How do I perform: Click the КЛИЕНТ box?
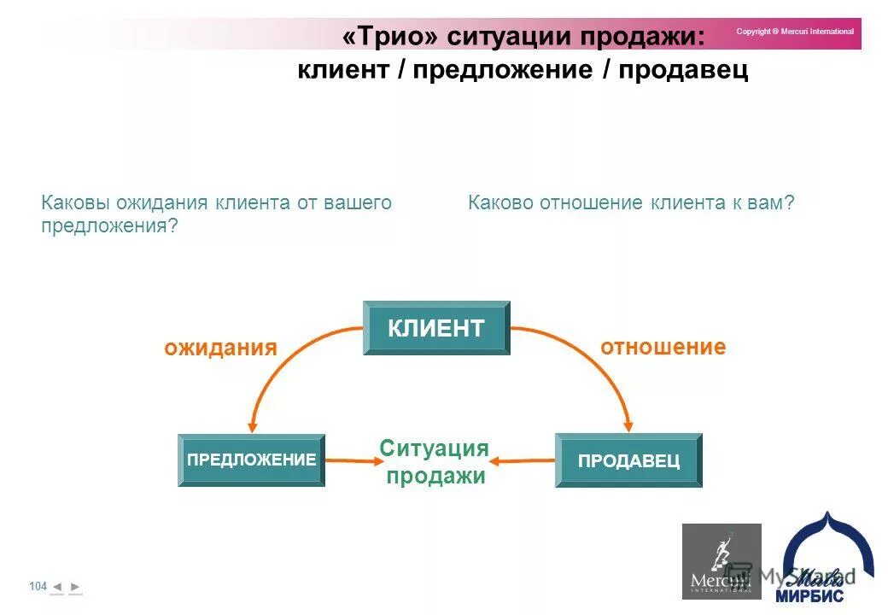click(x=436, y=328)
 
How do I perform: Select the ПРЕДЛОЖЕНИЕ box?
click(x=251, y=460)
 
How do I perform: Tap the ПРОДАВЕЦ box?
click(x=628, y=460)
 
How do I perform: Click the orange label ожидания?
click(x=221, y=348)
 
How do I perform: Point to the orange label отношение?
click(x=663, y=347)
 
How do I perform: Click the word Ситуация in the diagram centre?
click(x=434, y=449)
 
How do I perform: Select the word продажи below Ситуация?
click(x=435, y=476)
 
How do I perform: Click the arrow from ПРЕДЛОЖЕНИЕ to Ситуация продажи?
click(x=353, y=461)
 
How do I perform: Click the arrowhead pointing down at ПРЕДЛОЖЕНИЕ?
click(x=252, y=425)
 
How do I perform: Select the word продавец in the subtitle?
click(x=683, y=70)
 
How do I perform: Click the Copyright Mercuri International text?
click(x=795, y=32)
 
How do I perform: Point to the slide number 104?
click(x=38, y=586)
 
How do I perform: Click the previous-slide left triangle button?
click(x=56, y=587)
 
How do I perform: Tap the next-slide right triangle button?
click(x=75, y=587)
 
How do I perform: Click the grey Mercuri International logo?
click(x=721, y=561)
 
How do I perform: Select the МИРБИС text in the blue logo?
click(x=809, y=595)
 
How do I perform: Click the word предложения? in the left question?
click(x=109, y=226)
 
